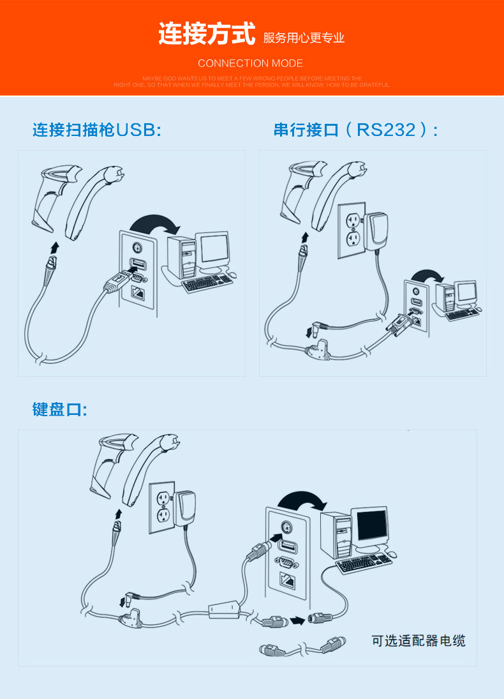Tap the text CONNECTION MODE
point(250,63)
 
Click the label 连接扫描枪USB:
point(97,131)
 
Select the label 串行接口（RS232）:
point(356,130)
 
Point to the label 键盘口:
point(59,409)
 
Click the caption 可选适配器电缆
point(419,640)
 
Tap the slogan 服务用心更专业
point(304,38)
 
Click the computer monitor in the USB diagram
point(213,250)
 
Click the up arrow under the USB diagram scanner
point(54,246)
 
